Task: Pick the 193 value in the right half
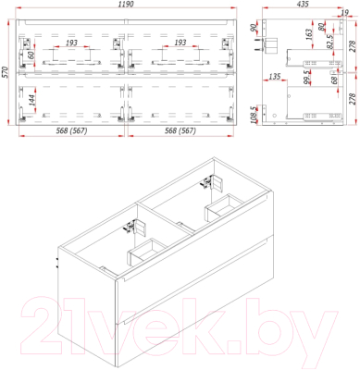click(x=180, y=43)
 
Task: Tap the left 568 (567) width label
click(x=70, y=131)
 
